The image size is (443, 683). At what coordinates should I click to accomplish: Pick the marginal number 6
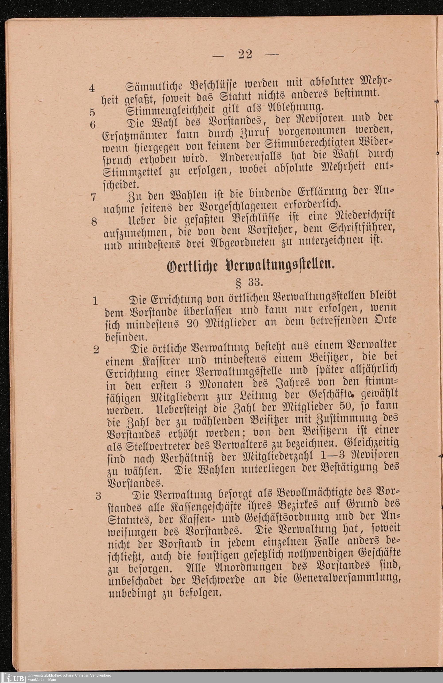coord(92,125)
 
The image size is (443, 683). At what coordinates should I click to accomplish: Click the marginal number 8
coord(94,221)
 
